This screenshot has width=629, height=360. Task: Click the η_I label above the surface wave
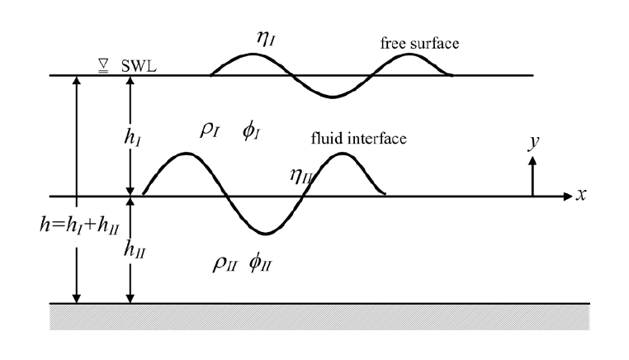(267, 35)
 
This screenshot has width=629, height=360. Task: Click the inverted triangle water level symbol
(104, 65)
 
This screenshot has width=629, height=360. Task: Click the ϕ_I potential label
(252, 130)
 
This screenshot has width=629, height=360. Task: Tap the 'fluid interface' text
(358, 139)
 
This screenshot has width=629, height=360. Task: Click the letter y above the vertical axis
(533, 142)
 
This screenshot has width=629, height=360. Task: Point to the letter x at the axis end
(581, 196)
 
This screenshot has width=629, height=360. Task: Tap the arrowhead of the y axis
(532, 161)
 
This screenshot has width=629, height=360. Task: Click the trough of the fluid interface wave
(263, 234)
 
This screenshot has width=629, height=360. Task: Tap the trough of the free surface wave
(332, 97)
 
